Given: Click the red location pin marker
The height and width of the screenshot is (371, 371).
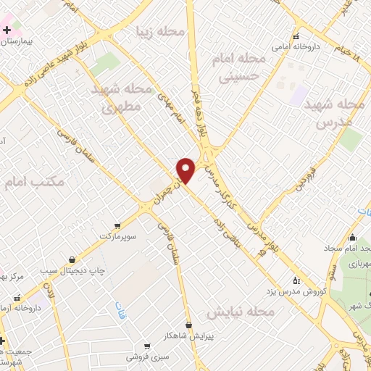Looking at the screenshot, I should point(186,170).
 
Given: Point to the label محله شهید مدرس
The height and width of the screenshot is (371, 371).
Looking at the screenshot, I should point(340,114).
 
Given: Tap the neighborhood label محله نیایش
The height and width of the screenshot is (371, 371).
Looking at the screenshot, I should point(241,312).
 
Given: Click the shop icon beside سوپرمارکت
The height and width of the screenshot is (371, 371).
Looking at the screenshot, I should point(117,226).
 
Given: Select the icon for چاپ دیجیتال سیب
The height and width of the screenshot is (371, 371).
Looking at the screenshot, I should point(72,259).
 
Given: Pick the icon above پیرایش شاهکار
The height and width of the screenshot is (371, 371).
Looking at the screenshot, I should point(189,325).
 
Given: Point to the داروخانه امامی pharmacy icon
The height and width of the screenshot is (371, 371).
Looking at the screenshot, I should point(295,36).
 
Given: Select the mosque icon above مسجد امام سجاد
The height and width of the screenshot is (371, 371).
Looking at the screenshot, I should point(352,238).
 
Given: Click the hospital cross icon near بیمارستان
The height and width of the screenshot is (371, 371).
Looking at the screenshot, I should point(7,30).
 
